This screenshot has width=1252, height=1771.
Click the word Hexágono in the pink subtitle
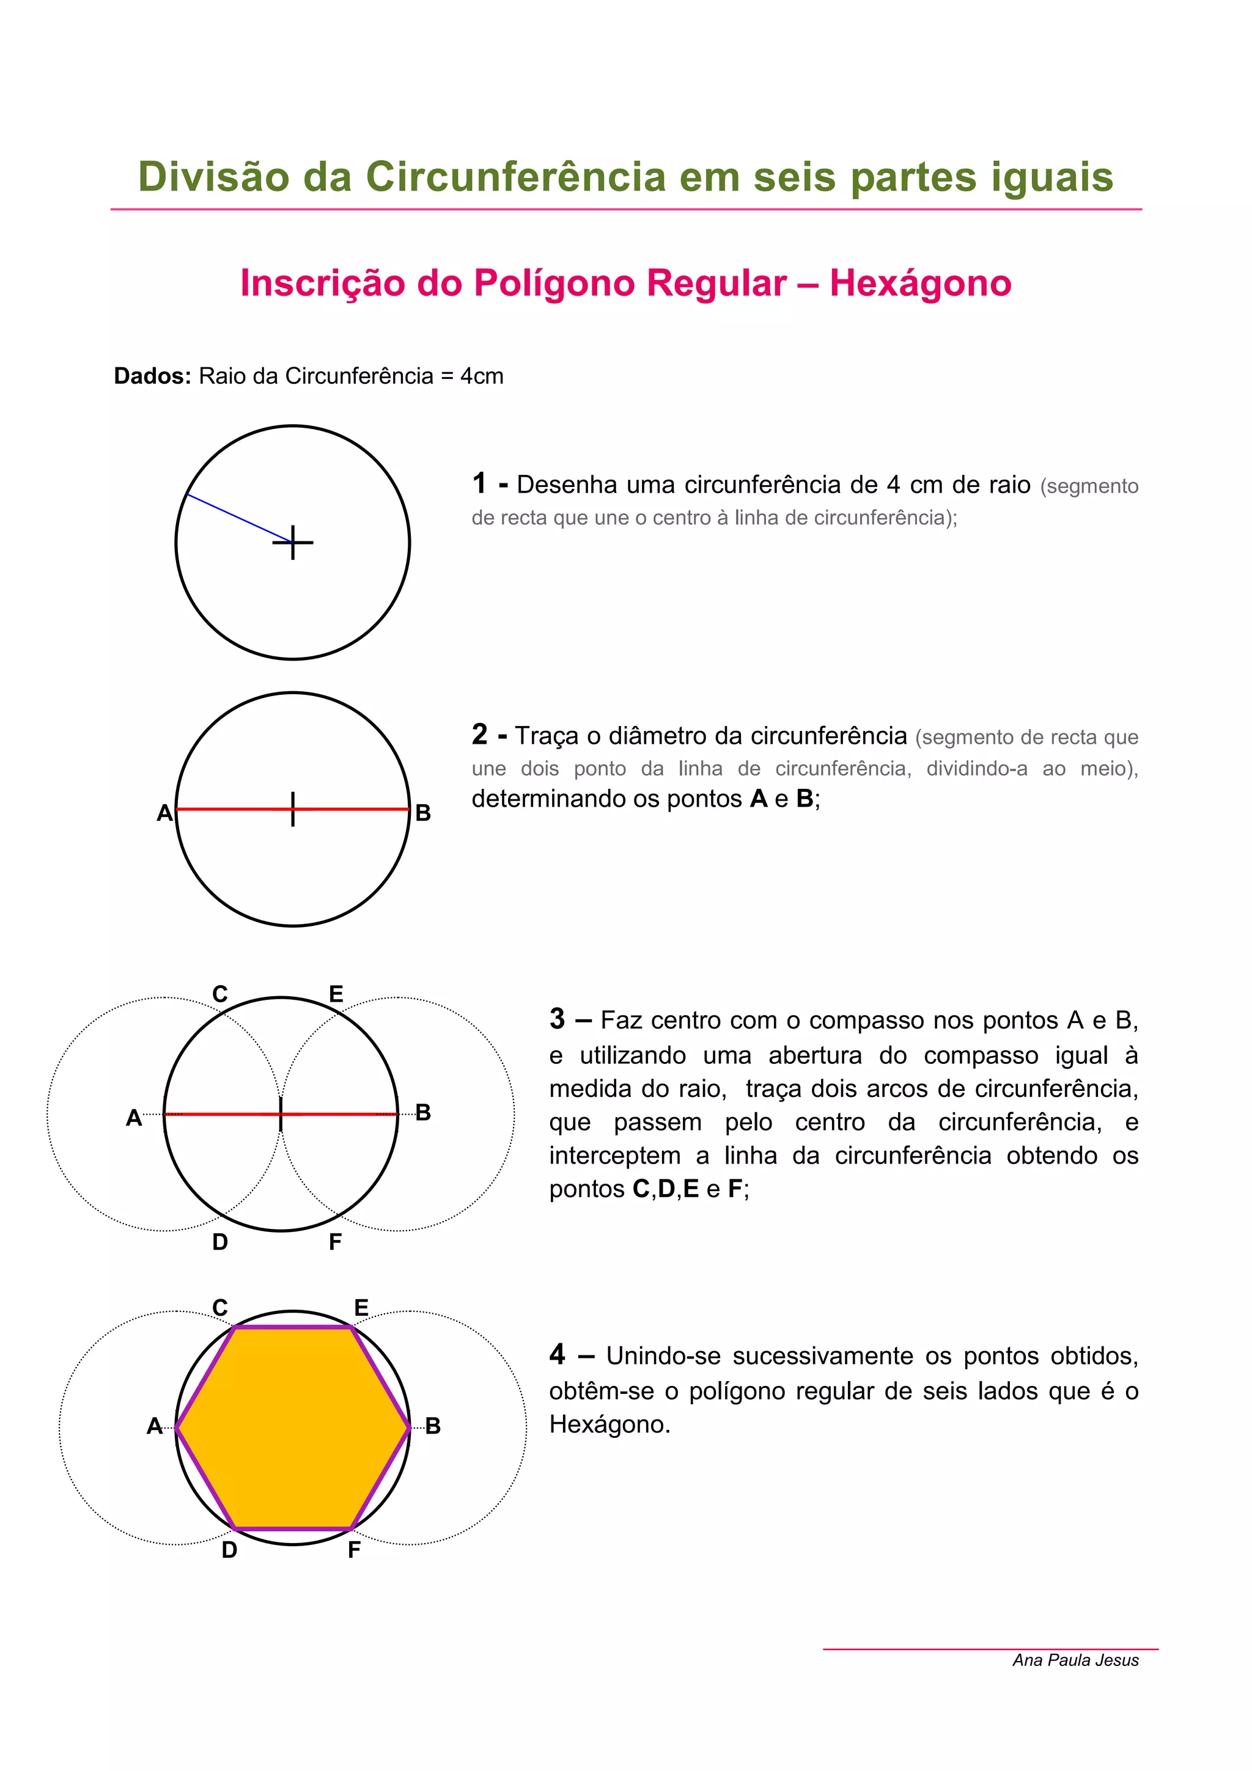tap(919, 284)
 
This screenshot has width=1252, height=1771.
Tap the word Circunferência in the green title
tap(515, 177)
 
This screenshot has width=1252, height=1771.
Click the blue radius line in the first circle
tap(239, 518)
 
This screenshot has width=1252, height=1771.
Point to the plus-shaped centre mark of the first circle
tap(293, 543)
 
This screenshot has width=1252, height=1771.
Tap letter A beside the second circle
tap(164, 813)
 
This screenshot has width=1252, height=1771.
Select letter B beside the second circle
tap(422, 813)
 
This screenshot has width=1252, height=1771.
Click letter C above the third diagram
tap(220, 994)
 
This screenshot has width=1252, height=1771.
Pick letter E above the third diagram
tap(336, 994)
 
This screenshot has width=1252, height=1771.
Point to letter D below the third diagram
tap(220, 1242)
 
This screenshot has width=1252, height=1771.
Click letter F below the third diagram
tap(335, 1242)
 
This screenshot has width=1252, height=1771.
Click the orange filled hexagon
tap(293, 1428)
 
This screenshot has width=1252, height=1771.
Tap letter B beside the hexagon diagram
tap(433, 1426)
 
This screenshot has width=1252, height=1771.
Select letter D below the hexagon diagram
tap(229, 1550)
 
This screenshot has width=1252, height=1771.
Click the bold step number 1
tap(480, 483)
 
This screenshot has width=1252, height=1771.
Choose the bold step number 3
tap(557, 1019)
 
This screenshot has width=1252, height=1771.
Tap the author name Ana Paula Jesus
tap(1075, 1660)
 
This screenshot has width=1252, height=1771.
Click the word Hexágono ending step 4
tap(609, 1424)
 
